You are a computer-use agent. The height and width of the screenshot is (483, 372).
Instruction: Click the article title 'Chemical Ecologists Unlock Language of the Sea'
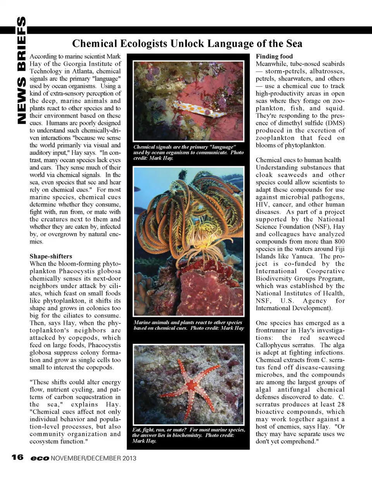coord(187,43)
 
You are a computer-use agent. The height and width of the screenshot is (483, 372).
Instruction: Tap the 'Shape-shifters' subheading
coord(51,256)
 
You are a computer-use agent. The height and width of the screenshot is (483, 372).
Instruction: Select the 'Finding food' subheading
coord(274,56)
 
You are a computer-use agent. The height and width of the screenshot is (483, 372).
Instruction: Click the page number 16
coord(17,457)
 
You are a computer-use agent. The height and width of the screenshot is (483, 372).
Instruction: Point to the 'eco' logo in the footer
coord(40,458)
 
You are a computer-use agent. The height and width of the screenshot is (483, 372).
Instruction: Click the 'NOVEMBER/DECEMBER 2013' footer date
coord(94,458)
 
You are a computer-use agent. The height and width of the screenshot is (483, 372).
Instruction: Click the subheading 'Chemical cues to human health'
coord(298,160)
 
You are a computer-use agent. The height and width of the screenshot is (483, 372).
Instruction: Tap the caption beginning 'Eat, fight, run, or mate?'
coord(188,435)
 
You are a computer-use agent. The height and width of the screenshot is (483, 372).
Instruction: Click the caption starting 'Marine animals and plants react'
coord(189,325)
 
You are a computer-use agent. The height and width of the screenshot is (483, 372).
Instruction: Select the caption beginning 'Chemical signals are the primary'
coord(188,152)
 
